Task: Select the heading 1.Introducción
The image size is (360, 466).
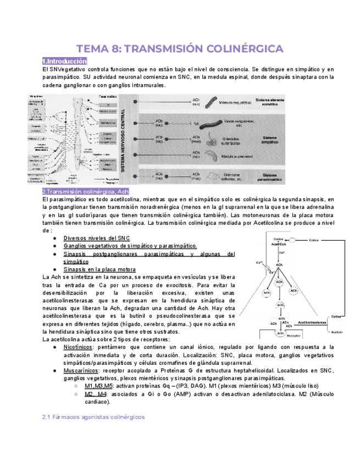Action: [65, 61]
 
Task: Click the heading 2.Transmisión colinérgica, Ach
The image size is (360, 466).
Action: [85, 191]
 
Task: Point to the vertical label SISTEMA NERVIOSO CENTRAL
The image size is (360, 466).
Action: [125, 140]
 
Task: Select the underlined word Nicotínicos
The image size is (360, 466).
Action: [78, 348]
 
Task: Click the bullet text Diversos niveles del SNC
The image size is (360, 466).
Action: [97, 238]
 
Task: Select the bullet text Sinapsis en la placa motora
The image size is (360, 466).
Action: [99, 270]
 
